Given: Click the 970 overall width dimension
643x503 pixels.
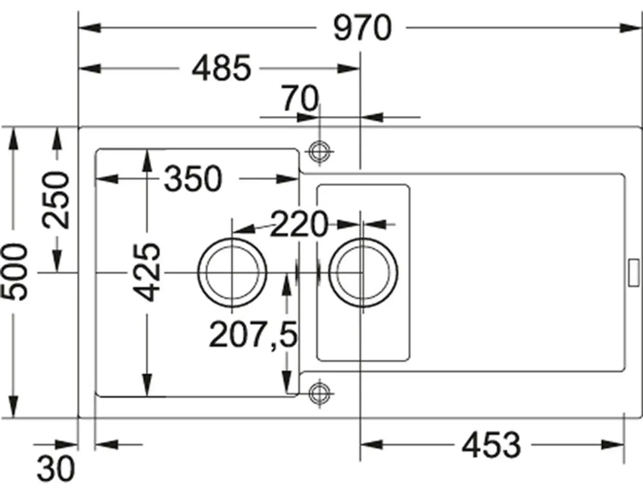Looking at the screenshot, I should (x=362, y=28).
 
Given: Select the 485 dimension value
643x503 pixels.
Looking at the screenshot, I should (x=221, y=68).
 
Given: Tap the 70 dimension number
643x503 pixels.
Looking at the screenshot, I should (x=301, y=98).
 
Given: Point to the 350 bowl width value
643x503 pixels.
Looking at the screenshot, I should (x=193, y=179).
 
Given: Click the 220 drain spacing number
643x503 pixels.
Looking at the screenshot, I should (x=299, y=224).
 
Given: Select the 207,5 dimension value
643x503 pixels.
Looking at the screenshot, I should (x=253, y=335).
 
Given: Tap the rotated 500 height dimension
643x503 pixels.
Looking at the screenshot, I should (x=14, y=272).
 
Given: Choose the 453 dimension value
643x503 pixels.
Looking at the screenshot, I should (x=491, y=445).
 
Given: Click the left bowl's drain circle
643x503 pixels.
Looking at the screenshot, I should (x=232, y=272).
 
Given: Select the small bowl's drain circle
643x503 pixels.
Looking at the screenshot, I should (x=363, y=272).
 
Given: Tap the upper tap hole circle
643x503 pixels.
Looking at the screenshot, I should (x=320, y=151).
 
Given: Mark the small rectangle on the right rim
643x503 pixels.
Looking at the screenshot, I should (x=633, y=273).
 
